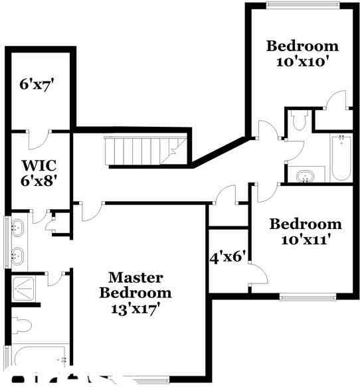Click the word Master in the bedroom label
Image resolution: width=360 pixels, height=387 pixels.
click(135, 277)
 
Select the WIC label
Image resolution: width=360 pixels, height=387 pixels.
click(38, 164)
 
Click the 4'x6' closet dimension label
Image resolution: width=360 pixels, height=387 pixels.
click(228, 256)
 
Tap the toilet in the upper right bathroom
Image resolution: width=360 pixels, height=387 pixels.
click(299, 119)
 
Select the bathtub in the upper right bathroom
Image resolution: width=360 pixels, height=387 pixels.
click(340, 158)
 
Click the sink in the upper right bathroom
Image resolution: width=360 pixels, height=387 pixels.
click(306, 176)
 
